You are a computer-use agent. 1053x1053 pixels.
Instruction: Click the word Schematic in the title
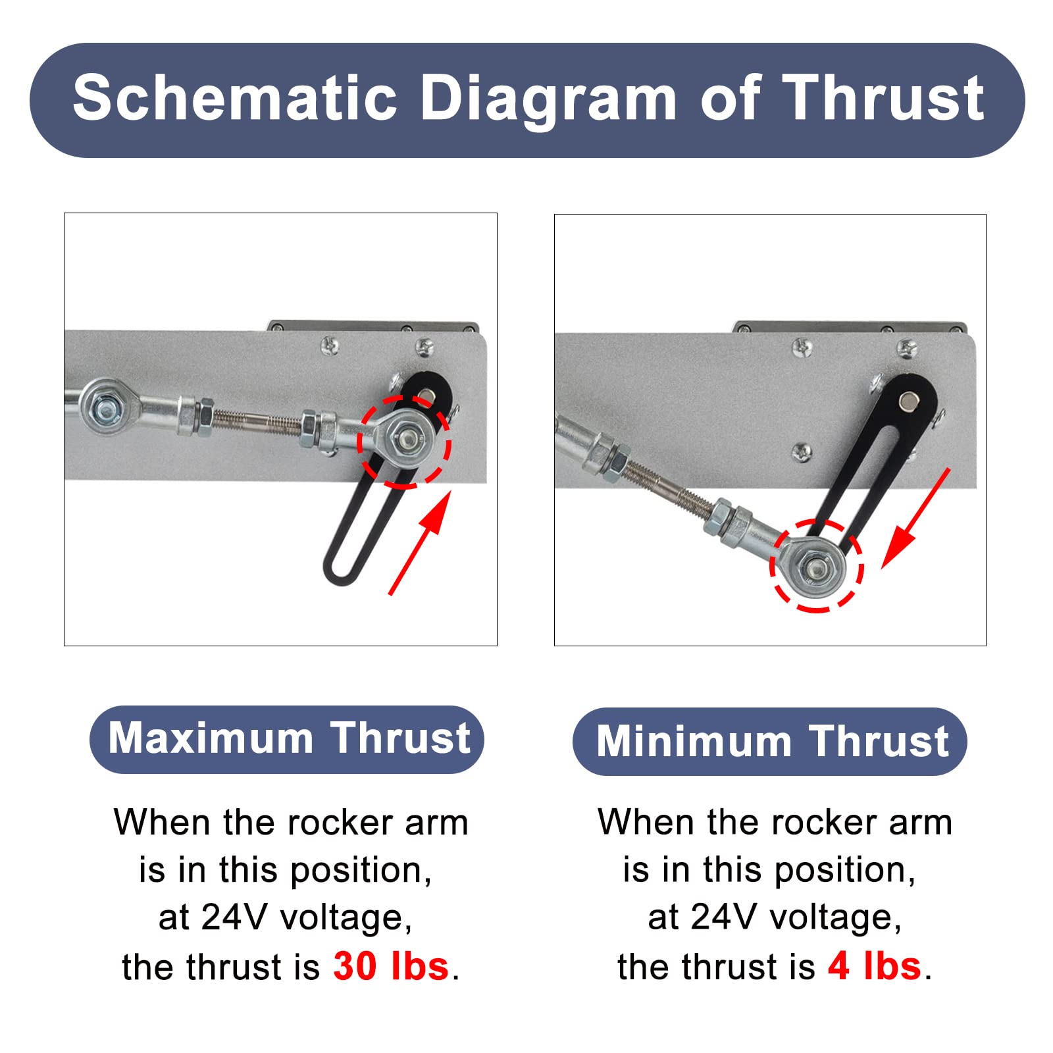(235, 98)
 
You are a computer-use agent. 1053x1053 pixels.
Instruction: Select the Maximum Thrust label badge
(287, 738)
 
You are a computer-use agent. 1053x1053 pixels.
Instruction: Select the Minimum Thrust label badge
(769, 741)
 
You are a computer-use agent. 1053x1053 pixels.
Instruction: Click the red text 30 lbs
(391, 966)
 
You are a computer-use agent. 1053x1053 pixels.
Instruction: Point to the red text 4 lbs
(875, 966)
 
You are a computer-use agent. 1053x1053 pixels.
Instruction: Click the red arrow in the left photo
(420, 543)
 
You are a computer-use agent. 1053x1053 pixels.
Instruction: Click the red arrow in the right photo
(915, 519)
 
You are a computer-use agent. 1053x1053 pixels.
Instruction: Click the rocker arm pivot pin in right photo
(909, 399)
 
